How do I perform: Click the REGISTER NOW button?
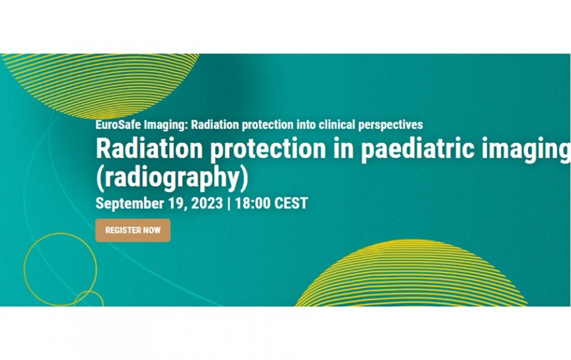coord(133,230)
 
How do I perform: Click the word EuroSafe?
coord(118,125)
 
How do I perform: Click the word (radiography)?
coord(172,178)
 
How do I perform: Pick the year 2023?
coord(207,203)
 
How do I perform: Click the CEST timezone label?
coord(291,203)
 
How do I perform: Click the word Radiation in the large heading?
coord(149,148)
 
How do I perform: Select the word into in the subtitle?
coord(306,125)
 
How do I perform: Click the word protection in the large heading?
coord(268,149)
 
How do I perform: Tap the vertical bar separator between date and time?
coord(229,203)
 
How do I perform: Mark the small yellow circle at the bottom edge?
coord(89,291)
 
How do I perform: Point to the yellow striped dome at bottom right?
coord(411,273)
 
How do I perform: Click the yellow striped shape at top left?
coord(100,86)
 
